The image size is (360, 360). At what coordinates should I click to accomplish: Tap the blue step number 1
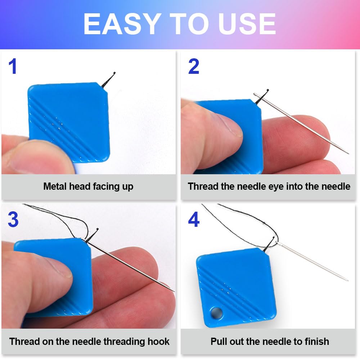[x=13, y=67]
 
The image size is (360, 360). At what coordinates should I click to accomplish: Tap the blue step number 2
[x=194, y=67]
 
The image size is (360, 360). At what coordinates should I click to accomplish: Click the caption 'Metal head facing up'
[x=88, y=186]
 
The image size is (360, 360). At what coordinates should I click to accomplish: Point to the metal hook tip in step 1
[x=114, y=73]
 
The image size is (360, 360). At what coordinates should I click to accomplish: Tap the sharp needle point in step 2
[x=348, y=153]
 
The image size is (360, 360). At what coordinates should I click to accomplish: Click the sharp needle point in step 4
[x=347, y=280]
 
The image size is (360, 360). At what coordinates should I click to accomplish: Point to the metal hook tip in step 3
[x=98, y=229]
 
